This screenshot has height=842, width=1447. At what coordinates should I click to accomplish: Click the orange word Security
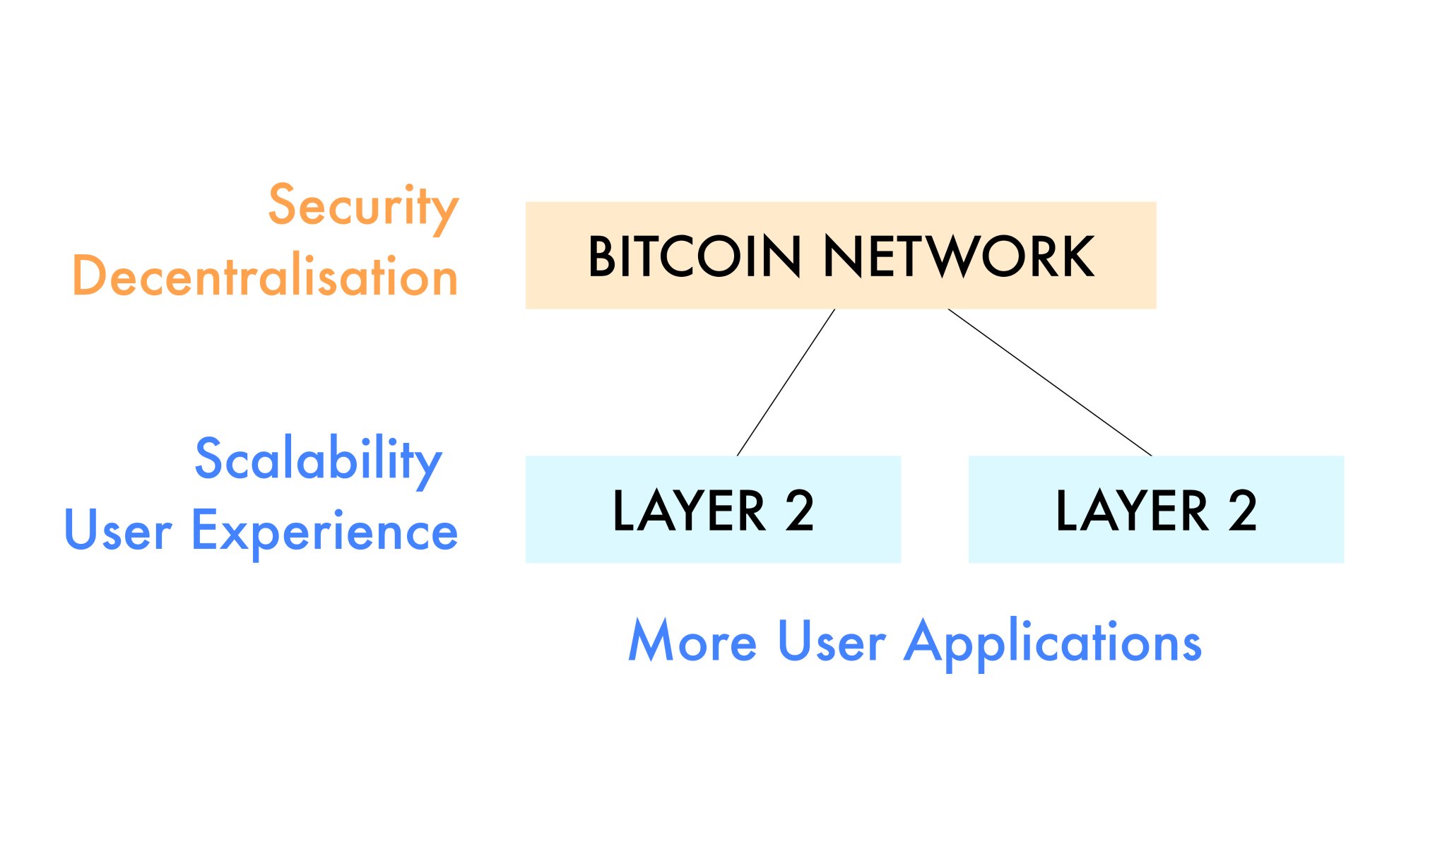pos(363,208)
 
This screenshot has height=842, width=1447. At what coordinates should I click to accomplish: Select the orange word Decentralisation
pos(265,275)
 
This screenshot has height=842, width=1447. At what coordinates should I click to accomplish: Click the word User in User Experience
pos(117,530)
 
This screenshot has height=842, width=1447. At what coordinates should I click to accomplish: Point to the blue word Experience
pos(324,533)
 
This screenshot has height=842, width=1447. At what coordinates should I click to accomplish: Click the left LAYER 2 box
pos(713,509)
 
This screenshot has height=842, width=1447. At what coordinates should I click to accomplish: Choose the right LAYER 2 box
pos(1156,509)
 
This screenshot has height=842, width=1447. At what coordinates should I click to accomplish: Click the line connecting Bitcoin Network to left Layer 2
pos(786,382)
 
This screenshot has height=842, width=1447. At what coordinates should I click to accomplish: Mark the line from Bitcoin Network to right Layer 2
pos(1050,382)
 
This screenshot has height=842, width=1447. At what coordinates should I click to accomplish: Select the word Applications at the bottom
pos(1053,644)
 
